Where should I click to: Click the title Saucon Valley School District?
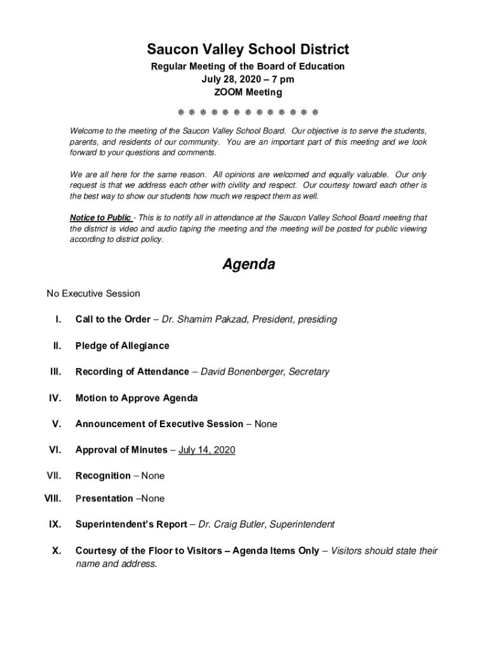coord(248,49)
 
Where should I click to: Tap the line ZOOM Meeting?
coord(248,93)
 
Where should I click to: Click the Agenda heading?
coord(248,265)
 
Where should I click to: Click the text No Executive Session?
coord(93,293)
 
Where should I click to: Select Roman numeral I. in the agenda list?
coord(58,319)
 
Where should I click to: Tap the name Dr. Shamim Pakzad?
coord(204,319)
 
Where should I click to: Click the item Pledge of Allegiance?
coord(123,346)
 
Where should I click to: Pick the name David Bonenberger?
coord(242,372)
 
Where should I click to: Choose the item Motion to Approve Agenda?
coord(137,398)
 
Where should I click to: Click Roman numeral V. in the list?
coord(57,424)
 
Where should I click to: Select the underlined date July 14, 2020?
coord(207,450)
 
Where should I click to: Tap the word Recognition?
coord(104,475)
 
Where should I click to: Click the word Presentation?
coord(104,498)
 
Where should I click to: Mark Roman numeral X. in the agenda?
coord(57,551)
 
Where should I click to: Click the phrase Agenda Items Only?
coord(276,551)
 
